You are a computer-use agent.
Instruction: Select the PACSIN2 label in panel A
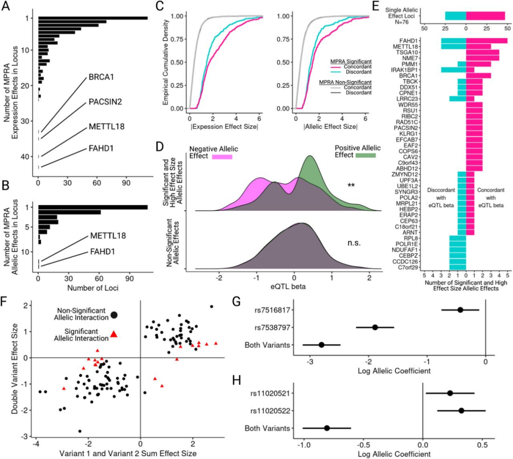pos(106,102)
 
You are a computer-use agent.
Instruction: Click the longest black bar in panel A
pos(93,18)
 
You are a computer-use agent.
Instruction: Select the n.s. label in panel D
pos(353,243)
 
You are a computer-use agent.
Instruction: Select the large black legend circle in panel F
pos(114,315)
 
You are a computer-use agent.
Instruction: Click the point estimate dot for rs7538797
pos(375,327)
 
